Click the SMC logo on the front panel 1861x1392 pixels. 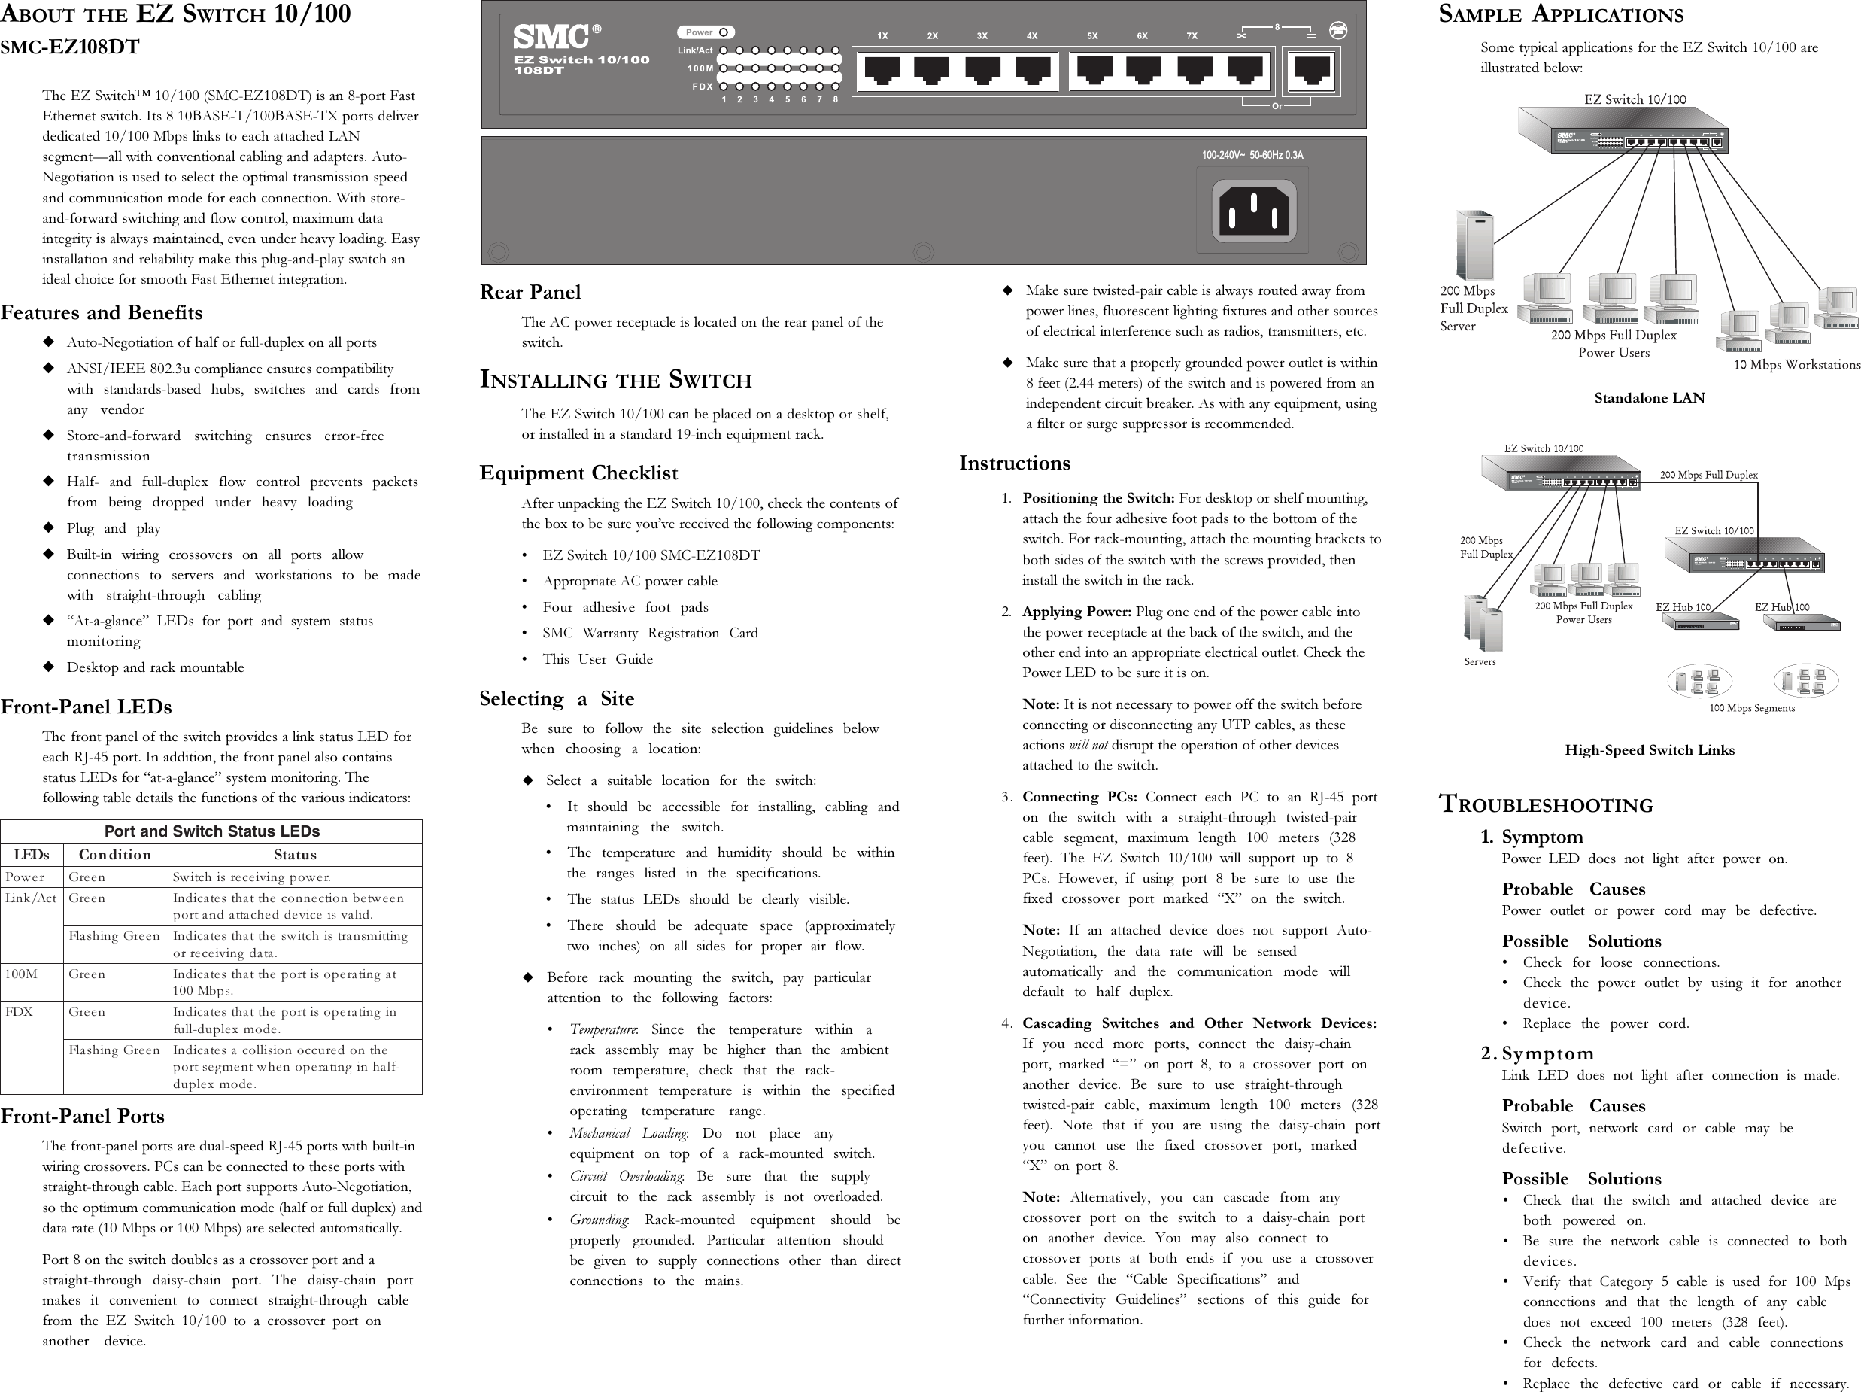click(551, 37)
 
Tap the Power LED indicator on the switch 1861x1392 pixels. click(723, 32)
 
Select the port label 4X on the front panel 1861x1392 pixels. click(1031, 36)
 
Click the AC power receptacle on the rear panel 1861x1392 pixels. click(1253, 211)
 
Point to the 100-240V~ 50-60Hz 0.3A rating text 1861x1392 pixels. click(1252, 155)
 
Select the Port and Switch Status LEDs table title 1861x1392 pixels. click(211, 831)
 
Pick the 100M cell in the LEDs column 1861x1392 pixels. click(21, 974)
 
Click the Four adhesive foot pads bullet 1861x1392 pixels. click(625, 606)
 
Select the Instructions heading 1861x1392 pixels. click(1014, 463)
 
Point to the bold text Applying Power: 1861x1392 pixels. click(1076, 612)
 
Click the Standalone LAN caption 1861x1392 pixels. click(1649, 398)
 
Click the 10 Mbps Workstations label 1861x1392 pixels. click(1796, 364)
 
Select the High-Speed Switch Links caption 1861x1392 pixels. click(1649, 750)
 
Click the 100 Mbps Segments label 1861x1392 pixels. click(1752, 708)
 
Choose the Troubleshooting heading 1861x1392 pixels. click(1546, 804)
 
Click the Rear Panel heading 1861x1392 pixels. click(530, 292)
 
